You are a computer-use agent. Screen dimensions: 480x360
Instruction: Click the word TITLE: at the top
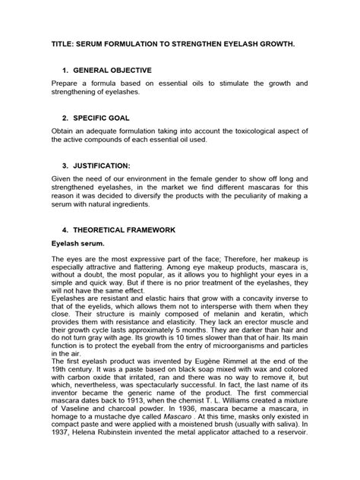coord(66,45)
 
